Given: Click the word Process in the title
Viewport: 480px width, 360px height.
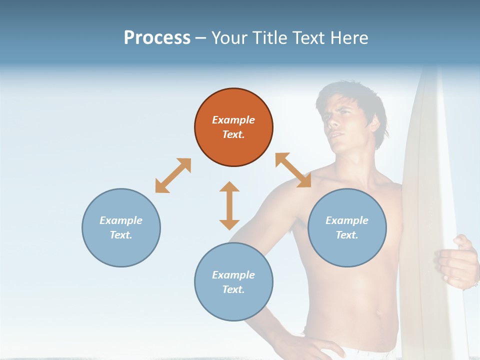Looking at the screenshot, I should (x=157, y=38).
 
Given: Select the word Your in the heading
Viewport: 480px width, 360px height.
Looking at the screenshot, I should (x=230, y=38).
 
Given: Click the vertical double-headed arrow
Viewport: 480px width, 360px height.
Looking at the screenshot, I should (x=229, y=205).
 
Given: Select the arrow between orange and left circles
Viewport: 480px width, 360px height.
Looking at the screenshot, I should (x=173, y=175).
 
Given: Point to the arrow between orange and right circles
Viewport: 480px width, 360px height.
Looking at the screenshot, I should (x=293, y=170).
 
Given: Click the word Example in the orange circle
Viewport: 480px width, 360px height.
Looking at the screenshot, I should (x=233, y=120).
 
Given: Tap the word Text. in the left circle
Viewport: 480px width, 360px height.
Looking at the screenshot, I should (x=121, y=235).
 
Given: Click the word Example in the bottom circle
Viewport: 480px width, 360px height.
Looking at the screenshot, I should (x=233, y=275).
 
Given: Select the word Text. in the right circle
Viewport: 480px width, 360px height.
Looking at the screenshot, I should (x=347, y=235).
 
